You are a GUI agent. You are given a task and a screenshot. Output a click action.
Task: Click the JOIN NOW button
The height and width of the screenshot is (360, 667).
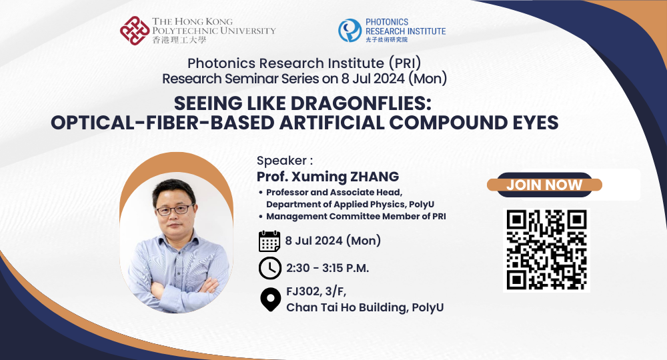[x=544, y=185]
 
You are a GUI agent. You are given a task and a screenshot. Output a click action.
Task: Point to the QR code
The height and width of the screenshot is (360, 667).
[x=546, y=250]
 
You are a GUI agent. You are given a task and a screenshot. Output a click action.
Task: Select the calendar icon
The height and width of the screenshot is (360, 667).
[x=269, y=240]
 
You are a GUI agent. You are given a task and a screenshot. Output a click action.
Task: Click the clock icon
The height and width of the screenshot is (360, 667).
[x=269, y=268]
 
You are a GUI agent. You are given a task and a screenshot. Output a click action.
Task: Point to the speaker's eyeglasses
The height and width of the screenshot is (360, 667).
[x=174, y=210]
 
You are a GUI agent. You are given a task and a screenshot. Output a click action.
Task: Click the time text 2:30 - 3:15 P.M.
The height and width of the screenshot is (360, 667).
[x=327, y=268]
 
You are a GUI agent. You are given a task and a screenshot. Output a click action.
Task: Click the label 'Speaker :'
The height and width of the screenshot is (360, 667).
[x=285, y=161]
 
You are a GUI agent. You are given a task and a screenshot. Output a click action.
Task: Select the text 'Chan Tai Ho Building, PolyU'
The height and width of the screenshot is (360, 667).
[x=365, y=307]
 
